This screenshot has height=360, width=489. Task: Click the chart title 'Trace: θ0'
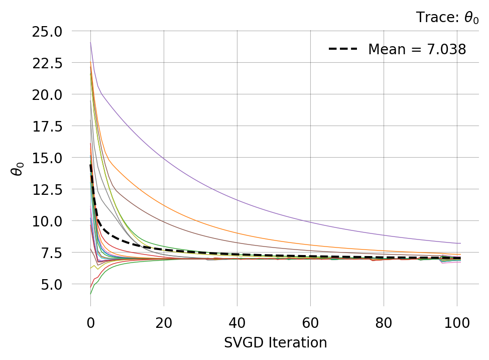[447, 18]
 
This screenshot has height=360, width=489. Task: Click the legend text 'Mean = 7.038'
[417, 50]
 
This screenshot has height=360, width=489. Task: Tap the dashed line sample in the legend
[343, 49]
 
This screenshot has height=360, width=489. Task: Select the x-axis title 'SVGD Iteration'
[275, 343]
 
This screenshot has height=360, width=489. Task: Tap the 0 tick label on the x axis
[90, 322]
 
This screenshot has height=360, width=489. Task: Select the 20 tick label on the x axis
[164, 322]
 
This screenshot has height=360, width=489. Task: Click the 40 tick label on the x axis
[237, 322]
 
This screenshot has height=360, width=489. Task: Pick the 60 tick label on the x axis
[310, 322]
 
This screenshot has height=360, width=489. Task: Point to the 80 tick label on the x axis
[384, 322]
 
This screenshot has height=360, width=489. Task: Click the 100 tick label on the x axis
[457, 322]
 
